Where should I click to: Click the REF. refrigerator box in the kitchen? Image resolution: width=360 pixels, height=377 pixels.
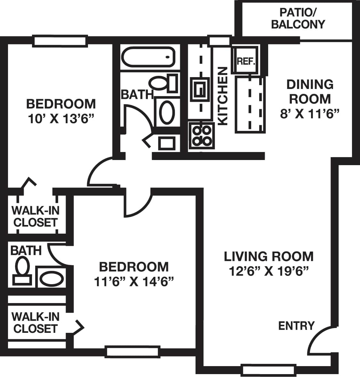click(246, 61)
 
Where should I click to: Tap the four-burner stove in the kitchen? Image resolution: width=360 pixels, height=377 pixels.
click(201, 136)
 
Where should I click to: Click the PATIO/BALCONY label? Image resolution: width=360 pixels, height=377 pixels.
click(298, 19)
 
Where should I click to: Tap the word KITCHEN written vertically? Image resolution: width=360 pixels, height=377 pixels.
click(222, 96)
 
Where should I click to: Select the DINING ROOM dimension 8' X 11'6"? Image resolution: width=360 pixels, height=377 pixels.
click(309, 114)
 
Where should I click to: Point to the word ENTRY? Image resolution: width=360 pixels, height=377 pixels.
click(296, 326)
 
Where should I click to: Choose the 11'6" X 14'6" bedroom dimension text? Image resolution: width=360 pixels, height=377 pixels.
click(134, 282)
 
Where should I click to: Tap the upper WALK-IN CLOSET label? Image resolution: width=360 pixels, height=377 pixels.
click(35, 217)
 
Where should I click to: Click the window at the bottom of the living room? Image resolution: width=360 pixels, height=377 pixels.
click(268, 370)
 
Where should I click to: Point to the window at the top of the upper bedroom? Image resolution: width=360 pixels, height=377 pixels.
click(60, 42)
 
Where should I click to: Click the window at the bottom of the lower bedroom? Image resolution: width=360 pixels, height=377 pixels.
click(132, 351)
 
